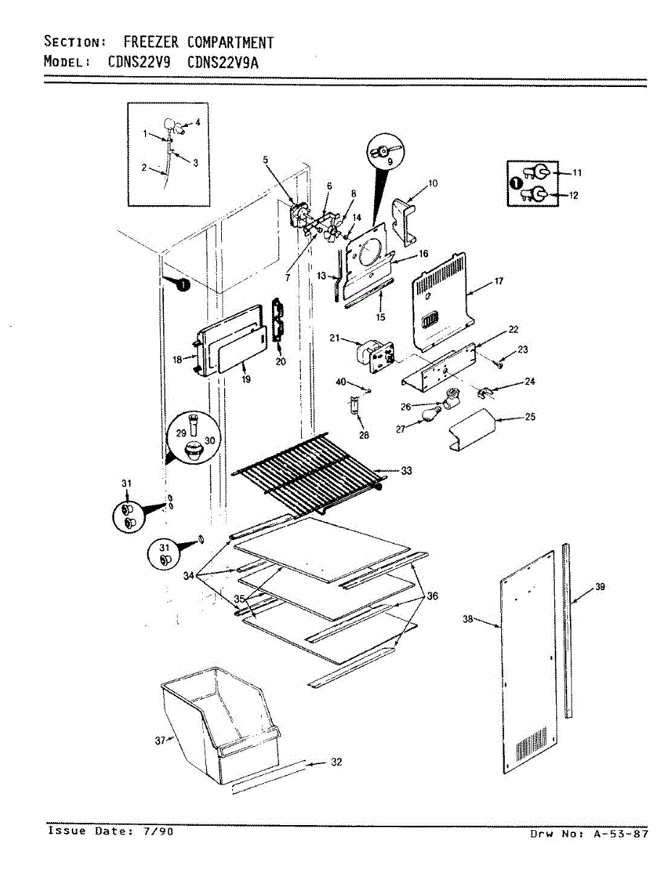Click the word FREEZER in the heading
click(x=152, y=42)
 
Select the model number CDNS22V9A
click(x=223, y=62)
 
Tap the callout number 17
click(x=498, y=281)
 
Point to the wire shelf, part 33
click(x=309, y=472)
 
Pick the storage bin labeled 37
click(x=220, y=725)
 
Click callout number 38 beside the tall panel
click(x=468, y=618)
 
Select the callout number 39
click(x=600, y=587)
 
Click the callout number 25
click(x=530, y=417)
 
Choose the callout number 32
click(x=336, y=762)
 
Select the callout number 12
click(x=574, y=195)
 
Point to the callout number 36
click(x=432, y=596)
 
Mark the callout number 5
click(x=265, y=159)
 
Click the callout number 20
click(x=281, y=362)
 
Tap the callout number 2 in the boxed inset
click(x=144, y=167)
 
